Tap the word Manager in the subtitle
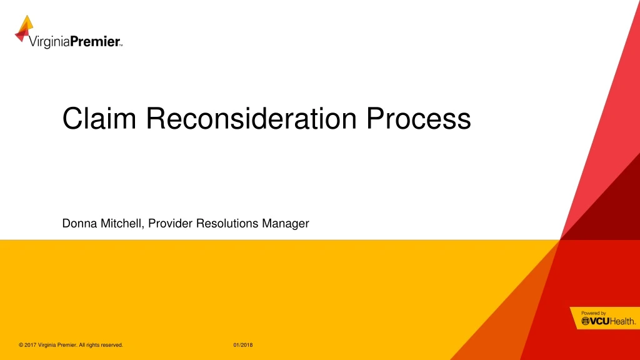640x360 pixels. [287, 223]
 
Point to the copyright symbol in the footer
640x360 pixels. [21, 346]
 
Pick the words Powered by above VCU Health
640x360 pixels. [593, 312]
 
